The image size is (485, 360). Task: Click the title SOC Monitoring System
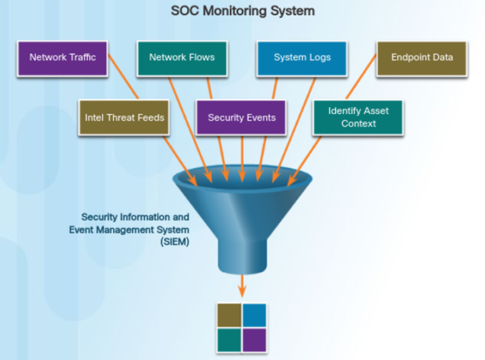pyautogui.click(x=243, y=11)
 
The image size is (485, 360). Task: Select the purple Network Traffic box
pyautogui.click(x=62, y=57)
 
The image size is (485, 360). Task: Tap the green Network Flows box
pyautogui.click(x=182, y=57)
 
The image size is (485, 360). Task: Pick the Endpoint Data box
pyautogui.click(x=421, y=57)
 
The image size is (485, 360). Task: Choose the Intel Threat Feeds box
pyautogui.click(x=125, y=117)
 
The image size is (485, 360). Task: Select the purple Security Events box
pyautogui.click(x=241, y=117)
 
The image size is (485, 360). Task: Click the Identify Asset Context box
pyautogui.click(x=358, y=117)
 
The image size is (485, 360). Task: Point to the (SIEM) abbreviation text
pyautogui.click(x=175, y=243)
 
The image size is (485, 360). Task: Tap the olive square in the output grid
pyautogui.click(x=229, y=315)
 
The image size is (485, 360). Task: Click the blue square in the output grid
pyautogui.click(x=254, y=315)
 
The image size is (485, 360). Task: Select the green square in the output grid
pyautogui.click(x=229, y=340)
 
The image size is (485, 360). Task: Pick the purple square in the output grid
pyautogui.click(x=254, y=340)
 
